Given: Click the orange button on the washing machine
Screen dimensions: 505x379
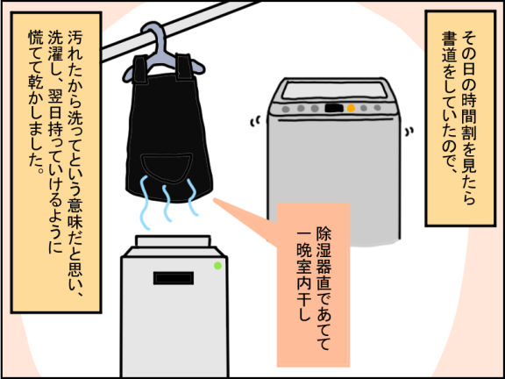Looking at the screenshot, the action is click(351, 108).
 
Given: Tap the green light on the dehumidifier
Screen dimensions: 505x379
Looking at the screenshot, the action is click(217, 266).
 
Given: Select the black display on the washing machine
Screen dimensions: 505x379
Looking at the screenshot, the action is click(334, 108).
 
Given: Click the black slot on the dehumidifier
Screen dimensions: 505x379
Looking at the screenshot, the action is click(174, 278).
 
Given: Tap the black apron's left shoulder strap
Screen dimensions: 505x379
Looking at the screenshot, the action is click(140, 68).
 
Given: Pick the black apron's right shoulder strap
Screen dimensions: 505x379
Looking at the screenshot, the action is click(184, 67).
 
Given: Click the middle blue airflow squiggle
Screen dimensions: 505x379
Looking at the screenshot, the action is click(167, 203).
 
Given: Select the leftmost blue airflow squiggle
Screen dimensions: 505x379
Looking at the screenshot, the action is click(145, 203).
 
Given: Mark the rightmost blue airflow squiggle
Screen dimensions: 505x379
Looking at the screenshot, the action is click(192, 197).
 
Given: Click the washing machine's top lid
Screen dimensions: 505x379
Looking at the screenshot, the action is click(334, 90).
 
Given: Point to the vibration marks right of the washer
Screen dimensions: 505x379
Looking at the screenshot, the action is click(409, 132).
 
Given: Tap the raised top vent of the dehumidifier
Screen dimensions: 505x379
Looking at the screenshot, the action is click(173, 241).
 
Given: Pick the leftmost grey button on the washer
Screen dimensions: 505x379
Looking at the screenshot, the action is click(286, 109).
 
